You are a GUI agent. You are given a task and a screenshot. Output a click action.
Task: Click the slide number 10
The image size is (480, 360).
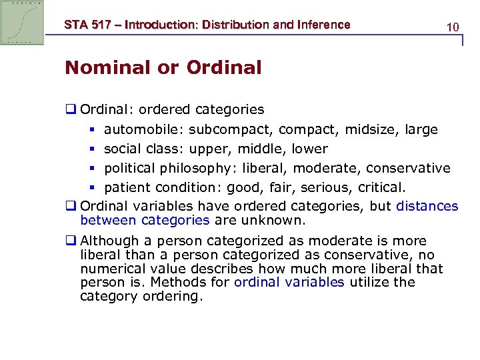(x=453, y=27)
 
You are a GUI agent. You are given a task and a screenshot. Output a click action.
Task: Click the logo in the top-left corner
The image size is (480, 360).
(x=22, y=22)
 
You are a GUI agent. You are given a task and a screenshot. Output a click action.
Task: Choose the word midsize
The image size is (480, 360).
(x=371, y=129)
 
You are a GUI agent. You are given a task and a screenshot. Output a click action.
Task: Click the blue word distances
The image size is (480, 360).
(x=427, y=206)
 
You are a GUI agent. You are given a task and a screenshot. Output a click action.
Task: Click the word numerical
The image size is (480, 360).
(x=111, y=269)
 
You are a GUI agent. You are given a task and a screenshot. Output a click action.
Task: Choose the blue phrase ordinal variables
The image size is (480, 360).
(x=289, y=282)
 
